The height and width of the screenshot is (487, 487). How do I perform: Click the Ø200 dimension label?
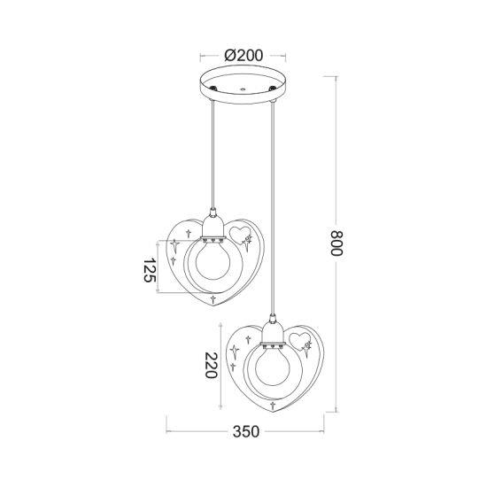click(243, 54)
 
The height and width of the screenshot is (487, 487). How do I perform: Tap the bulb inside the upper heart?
click(213, 263)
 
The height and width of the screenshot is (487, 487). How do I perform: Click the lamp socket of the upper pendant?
click(213, 228)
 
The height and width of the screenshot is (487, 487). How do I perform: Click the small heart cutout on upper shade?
click(238, 233)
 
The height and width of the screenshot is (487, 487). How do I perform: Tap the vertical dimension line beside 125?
click(158, 266)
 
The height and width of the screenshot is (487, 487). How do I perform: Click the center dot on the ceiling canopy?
click(243, 89)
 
